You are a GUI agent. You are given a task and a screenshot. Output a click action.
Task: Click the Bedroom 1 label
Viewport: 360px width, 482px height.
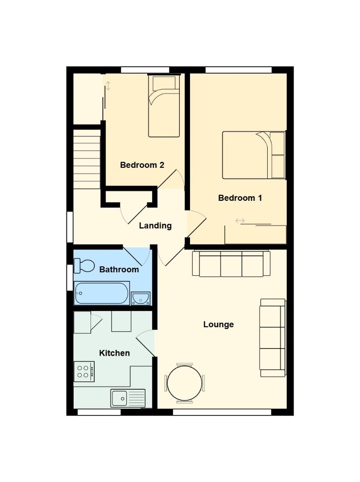(x=240, y=198)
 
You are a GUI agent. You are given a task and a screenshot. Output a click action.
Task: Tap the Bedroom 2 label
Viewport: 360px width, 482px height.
(x=142, y=165)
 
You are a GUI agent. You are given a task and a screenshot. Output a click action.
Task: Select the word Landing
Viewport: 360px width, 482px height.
(x=155, y=226)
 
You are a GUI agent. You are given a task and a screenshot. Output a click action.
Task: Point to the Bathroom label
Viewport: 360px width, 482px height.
(x=119, y=270)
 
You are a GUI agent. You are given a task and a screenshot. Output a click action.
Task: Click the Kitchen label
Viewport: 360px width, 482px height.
(x=114, y=353)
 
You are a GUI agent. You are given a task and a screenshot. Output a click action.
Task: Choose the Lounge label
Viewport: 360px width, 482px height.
(x=219, y=324)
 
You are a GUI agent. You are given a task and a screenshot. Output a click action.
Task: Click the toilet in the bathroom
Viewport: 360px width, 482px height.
(x=84, y=266)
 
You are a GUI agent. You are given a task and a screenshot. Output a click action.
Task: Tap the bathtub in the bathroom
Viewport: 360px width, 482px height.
(x=102, y=293)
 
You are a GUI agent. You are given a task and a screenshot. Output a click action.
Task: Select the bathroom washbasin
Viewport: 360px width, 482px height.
(x=141, y=298)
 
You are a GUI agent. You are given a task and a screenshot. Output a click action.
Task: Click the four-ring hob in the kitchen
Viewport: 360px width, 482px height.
(x=84, y=371)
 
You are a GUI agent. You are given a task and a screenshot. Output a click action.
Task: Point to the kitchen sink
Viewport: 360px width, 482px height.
(x=128, y=398)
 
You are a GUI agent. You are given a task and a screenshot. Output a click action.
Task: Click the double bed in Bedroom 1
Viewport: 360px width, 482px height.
(x=253, y=155)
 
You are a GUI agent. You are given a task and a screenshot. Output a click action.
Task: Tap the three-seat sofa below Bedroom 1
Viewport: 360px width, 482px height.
(x=231, y=264)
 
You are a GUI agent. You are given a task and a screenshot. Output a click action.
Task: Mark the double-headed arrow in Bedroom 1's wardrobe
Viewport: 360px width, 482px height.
(x=240, y=220)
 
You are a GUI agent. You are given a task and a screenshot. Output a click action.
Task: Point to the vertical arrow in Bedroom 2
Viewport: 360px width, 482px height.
(x=108, y=85)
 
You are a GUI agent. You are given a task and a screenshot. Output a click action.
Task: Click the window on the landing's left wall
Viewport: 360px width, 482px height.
(x=70, y=227)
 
